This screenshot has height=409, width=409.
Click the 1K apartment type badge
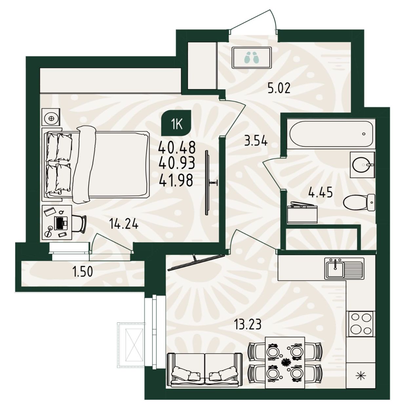pyautogui.click(x=176, y=123)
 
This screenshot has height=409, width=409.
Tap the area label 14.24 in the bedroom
pyautogui.click(x=124, y=224)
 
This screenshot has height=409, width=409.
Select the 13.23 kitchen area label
pyautogui.click(x=248, y=324)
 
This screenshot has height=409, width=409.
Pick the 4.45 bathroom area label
pyautogui.click(x=320, y=193)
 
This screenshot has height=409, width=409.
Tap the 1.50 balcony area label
pyautogui.click(x=83, y=272)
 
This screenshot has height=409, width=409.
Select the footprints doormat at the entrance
pyautogui.click(x=252, y=58)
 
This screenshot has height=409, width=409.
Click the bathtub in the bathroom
pyautogui.click(x=330, y=133)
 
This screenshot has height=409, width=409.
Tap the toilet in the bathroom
pyautogui.click(x=359, y=203)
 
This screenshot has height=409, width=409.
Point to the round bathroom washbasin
pyautogui.click(x=362, y=165)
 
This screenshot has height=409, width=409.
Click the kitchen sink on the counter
pyautogui.click(x=344, y=268)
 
